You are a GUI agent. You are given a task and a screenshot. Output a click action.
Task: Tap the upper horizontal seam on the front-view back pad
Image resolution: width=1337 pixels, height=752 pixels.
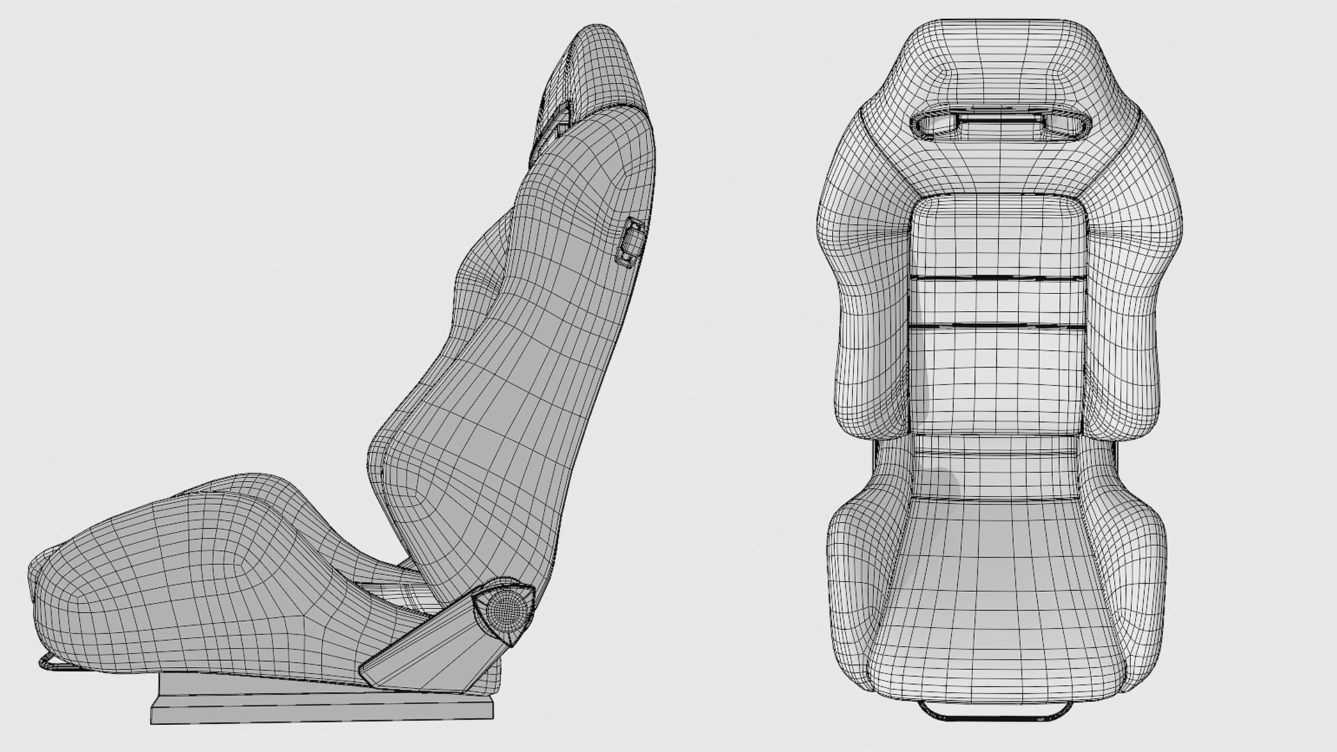coord(997,278)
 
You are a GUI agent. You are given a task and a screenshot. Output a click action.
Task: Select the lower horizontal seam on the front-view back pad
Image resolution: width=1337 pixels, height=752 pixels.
coord(997,326)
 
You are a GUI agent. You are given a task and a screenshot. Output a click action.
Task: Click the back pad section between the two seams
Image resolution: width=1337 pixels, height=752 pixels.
coord(997,301)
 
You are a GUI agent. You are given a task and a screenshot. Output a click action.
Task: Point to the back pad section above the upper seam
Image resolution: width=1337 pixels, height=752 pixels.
coord(997,237)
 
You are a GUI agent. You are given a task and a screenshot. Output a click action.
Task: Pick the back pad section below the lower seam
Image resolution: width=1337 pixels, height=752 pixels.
coord(997,376)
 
